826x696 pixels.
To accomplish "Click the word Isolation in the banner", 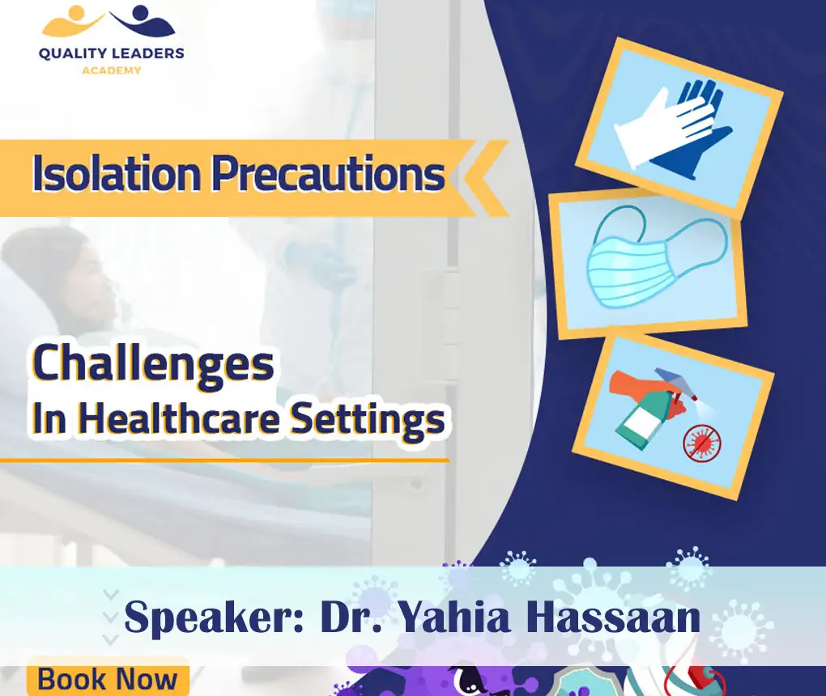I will point(115,174).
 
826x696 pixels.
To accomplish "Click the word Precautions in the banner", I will point(328,174).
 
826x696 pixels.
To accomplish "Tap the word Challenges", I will point(152,364).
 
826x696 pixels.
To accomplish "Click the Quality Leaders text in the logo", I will point(111,54).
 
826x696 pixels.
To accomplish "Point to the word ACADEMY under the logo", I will point(111,70).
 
